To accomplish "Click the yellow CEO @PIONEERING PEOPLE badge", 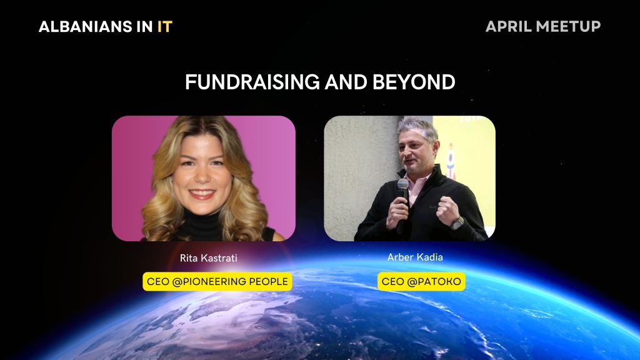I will [x=217, y=282].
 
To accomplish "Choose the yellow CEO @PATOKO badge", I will [x=421, y=282].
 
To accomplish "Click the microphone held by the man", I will [x=403, y=188].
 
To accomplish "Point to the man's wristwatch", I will [x=458, y=222].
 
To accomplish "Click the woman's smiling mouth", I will [x=202, y=194].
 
